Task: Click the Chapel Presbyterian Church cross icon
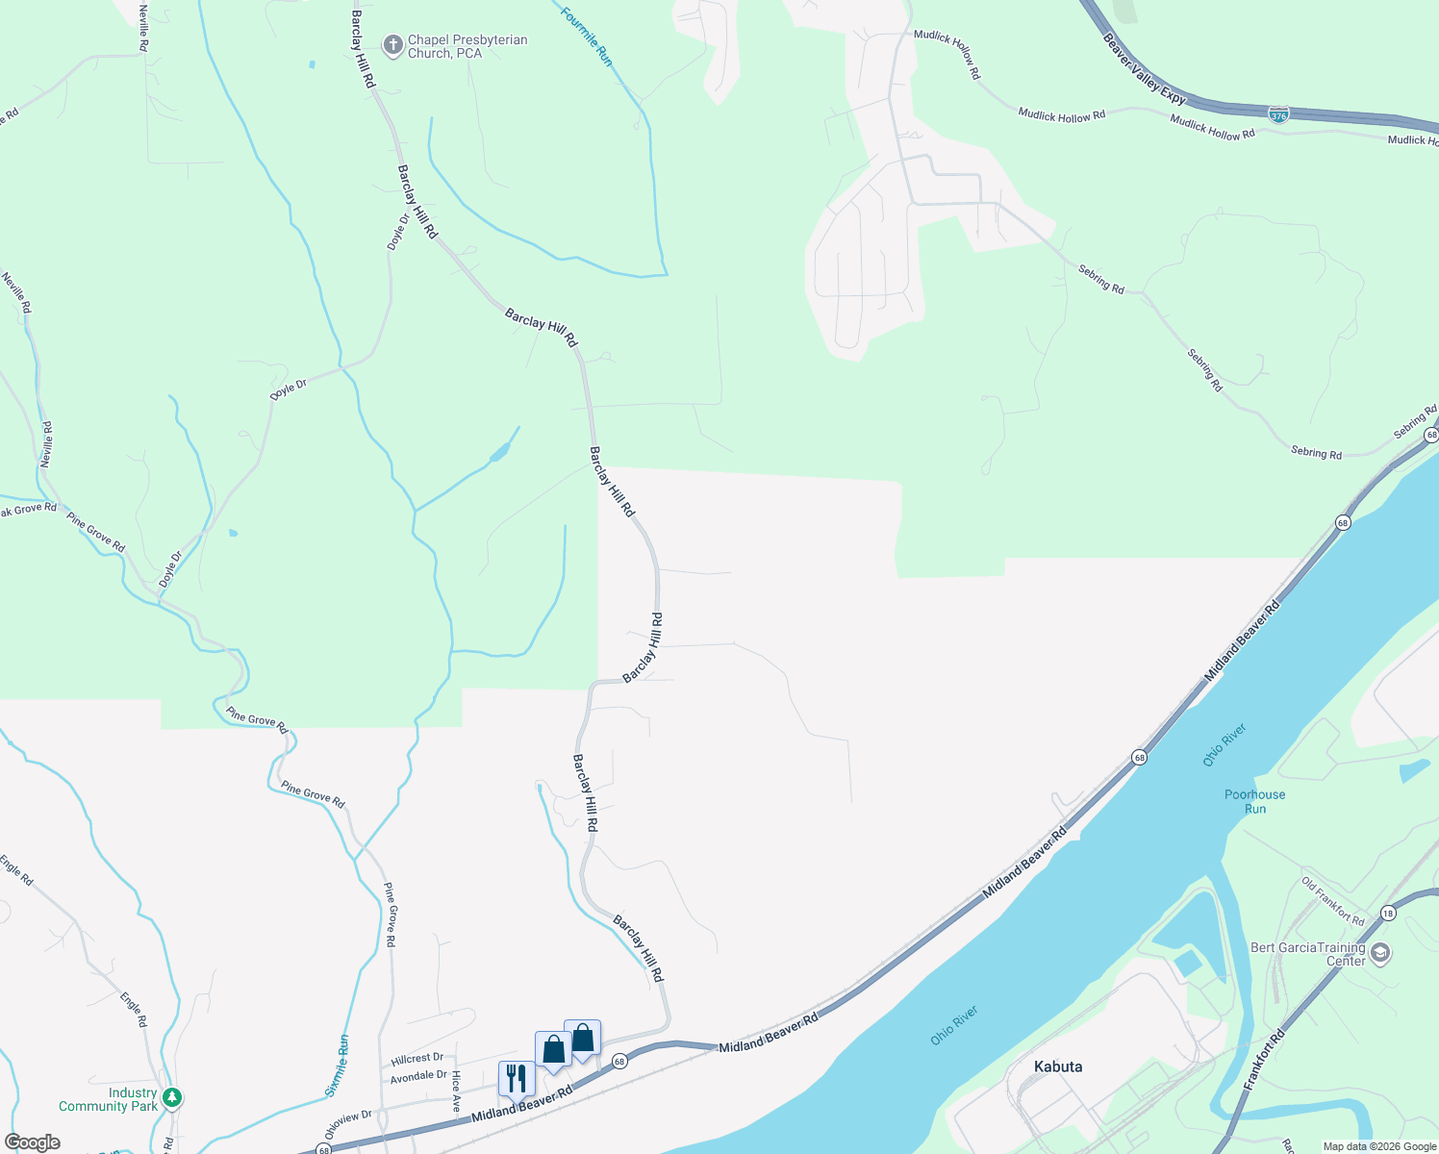click(x=392, y=45)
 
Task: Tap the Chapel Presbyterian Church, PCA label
click(x=467, y=46)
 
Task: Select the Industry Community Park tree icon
click(x=172, y=1097)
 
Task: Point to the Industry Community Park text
click(x=108, y=1099)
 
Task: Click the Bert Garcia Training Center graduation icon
click(x=1380, y=953)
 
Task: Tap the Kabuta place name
click(x=1058, y=1066)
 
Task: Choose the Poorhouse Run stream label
click(x=1254, y=801)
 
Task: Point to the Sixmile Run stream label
click(x=337, y=1066)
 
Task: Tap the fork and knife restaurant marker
click(x=517, y=1078)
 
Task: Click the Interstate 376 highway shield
click(x=1278, y=114)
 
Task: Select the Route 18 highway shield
click(x=1387, y=913)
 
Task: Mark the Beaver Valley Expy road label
click(x=1145, y=70)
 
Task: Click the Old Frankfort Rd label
click(x=1332, y=901)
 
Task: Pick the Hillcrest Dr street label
click(x=417, y=1059)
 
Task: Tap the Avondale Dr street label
click(x=418, y=1076)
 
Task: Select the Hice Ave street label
click(x=456, y=1091)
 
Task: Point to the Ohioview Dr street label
click(x=348, y=1121)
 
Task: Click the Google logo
click(x=32, y=1142)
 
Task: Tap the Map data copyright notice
click(x=1379, y=1146)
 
